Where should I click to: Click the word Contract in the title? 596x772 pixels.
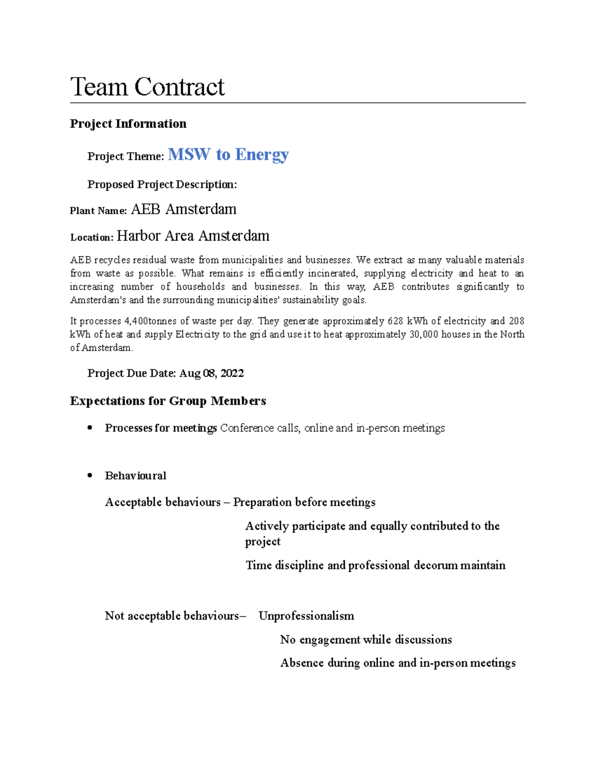(x=179, y=87)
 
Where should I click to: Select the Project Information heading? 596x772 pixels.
(x=128, y=124)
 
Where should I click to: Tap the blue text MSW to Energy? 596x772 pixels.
(x=228, y=155)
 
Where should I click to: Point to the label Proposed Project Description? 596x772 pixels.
(x=162, y=184)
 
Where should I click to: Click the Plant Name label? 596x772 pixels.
(x=98, y=211)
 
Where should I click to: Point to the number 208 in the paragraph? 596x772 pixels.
(x=517, y=321)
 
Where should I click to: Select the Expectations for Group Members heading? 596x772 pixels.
(x=168, y=401)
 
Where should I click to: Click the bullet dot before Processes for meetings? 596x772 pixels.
(x=90, y=428)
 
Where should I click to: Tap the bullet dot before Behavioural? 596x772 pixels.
(x=90, y=475)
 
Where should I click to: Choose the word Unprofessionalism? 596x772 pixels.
(x=306, y=616)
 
